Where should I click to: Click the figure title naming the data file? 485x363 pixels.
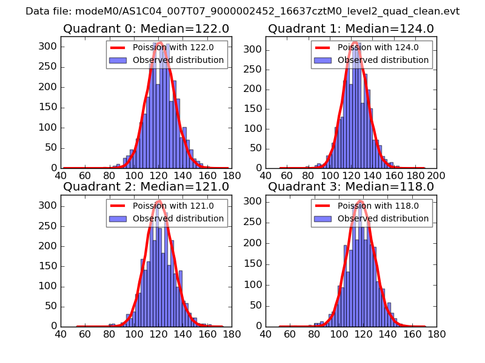(x=242, y=11)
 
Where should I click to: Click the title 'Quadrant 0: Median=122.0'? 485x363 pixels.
(x=145, y=28)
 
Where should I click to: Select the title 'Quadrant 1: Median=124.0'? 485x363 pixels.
(x=350, y=28)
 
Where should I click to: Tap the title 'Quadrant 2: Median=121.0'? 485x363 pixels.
(x=145, y=186)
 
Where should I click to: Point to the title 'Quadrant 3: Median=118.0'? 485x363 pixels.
(x=350, y=186)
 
